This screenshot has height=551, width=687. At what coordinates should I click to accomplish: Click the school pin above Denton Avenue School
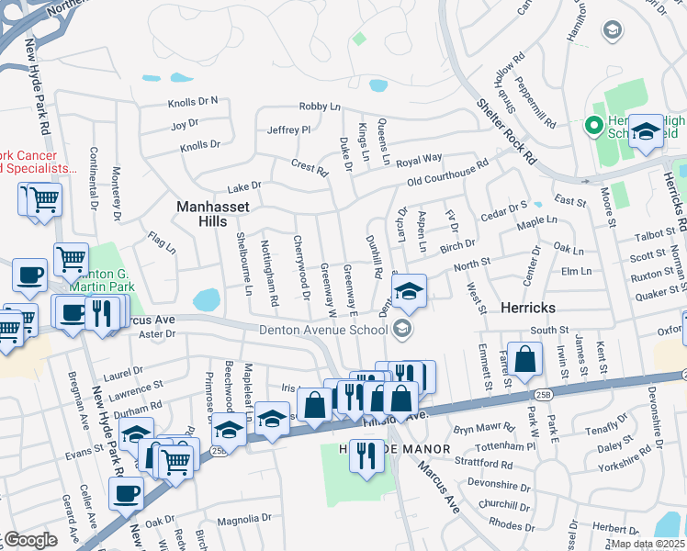pos(410,293)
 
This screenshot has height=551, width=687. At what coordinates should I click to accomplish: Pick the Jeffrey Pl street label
pos(288,130)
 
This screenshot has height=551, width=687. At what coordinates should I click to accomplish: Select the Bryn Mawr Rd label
pos(483,428)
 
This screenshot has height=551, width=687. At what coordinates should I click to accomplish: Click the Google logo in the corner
pos(30,540)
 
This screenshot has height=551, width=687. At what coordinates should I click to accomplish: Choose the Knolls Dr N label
pos(193,101)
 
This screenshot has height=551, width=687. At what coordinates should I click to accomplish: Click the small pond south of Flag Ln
pos(207,299)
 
